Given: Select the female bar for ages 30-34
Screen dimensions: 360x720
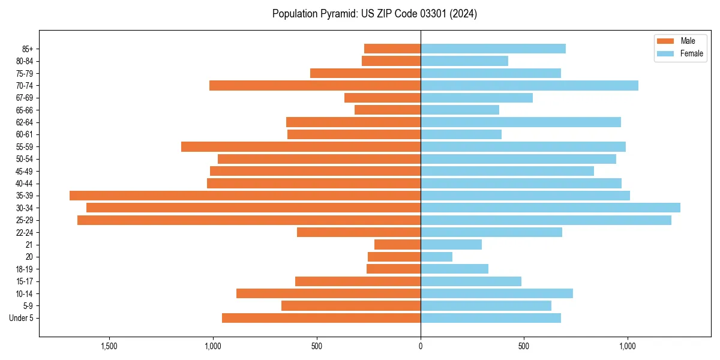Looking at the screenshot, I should (x=550, y=208).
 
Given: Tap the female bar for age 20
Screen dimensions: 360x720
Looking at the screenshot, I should (x=436, y=257).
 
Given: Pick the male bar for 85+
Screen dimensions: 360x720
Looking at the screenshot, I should (x=392, y=49).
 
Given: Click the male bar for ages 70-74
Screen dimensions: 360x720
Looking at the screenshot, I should (x=315, y=85).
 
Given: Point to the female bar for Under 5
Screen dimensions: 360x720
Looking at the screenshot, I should (x=491, y=318).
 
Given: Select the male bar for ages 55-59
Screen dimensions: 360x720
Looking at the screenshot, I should (x=301, y=146).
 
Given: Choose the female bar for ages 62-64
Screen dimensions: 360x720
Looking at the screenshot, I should (x=521, y=122).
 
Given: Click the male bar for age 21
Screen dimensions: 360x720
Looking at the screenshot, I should (x=397, y=245).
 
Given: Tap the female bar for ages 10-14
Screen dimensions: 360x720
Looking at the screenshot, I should (x=497, y=293).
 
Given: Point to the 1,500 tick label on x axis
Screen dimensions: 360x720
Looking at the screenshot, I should (x=109, y=346).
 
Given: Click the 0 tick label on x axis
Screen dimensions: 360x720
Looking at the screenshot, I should (x=421, y=346).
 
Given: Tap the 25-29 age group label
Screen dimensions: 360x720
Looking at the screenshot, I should (x=25, y=220).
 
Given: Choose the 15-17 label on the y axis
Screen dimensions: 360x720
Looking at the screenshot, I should (x=25, y=281).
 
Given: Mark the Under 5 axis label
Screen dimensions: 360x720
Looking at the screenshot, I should (x=21, y=318).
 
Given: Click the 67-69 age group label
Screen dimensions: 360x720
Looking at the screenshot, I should (x=25, y=98).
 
